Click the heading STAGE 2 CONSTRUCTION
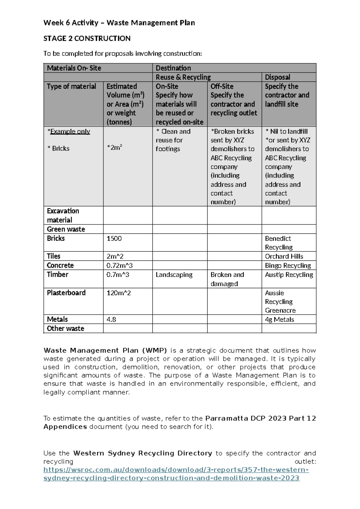pyautogui.click(x=87, y=38)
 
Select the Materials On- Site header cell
pyautogui.click(x=74, y=68)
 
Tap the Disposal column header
pyautogui.click(x=277, y=77)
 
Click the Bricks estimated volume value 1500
pyautogui.click(x=114, y=239)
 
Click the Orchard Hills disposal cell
pyautogui.click(x=284, y=256)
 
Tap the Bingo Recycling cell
pyautogui.click(x=288, y=266)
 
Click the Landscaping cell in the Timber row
pyautogui.click(x=174, y=275)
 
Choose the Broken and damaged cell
pyautogui.click(x=227, y=279)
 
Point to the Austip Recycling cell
pyautogui.click(x=289, y=275)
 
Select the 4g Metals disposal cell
pyautogui.click(x=279, y=320)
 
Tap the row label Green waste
pyautogui.click(x=66, y=229)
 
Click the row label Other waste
pyautogui.click(x=65, y=329)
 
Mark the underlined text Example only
pyautogui.click(x=70, y=131)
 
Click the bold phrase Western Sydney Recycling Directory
pyautogui.click(x=142, y=453)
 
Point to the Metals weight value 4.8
pyautogui.click(x=111, y=320)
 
